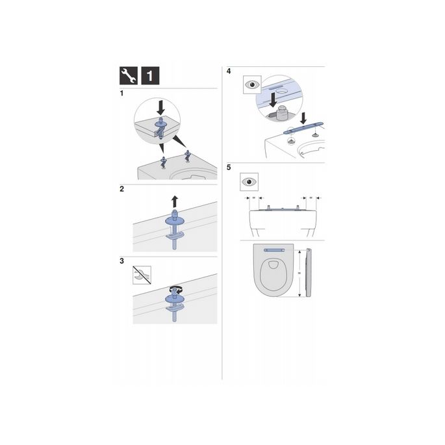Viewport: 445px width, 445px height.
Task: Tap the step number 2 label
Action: [122, 190]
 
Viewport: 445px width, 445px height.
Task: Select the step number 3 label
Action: [122, 261]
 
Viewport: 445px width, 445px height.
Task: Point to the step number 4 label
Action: [228, 71]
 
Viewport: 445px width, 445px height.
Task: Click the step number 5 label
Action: [228, 167]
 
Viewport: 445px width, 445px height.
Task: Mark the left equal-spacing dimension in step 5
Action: [254, 197]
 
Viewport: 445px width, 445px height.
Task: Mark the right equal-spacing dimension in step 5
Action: [310, 197]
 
